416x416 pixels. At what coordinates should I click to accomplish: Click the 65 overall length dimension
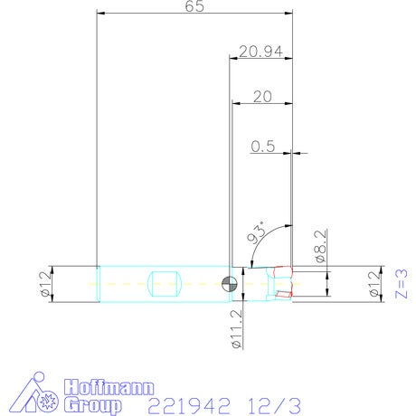[194, 6]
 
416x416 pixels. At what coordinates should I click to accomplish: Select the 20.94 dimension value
[261, 52]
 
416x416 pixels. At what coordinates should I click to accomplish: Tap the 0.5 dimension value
[263, 147]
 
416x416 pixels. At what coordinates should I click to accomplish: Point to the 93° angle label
[257, 232]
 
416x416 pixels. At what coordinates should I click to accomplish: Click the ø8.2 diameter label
[320, 246]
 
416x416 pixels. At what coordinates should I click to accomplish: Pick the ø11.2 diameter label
[237, 329]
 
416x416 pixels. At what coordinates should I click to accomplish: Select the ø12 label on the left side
[46, 284]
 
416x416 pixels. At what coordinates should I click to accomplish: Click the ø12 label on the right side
[374, 284]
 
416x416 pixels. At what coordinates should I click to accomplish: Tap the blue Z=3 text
[402, 284]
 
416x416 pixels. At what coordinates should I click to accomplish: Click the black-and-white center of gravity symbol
[230, 284]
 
